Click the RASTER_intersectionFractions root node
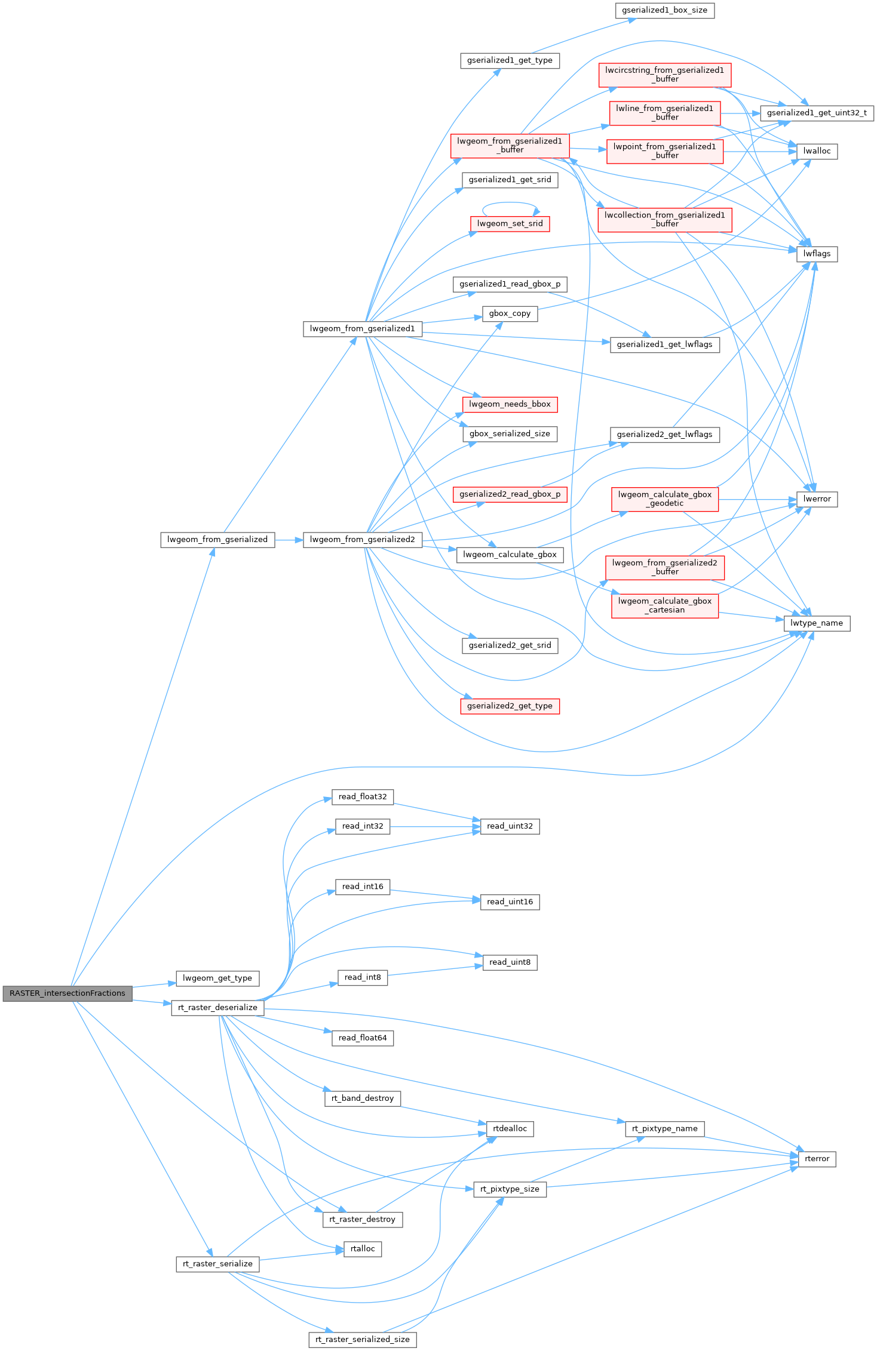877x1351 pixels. tap(68, 993)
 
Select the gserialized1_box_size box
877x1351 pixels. tap(664, 11)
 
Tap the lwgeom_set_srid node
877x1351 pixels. tap(510, 224)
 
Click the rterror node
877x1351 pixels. tap(817, 1159)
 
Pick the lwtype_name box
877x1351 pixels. tap(816, 623)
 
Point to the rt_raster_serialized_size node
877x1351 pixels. tap(362, 1340)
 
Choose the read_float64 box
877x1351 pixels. tap(362, 1038)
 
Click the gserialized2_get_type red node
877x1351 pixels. tap(510, 706)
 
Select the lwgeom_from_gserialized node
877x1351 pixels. tap(217, 540)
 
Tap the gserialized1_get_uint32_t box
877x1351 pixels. tap(816, 113)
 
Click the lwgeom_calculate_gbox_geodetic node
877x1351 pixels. tap(664, 499)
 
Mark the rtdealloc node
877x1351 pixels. tap(510, 1129)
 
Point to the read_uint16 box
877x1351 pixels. tap(510, 902)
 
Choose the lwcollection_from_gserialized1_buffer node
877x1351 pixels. tap(664, 220)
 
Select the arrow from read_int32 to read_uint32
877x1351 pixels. tap(435, 827)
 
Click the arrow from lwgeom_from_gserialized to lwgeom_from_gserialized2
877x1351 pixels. tap(289, 540)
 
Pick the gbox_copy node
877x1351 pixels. tap(510, 314)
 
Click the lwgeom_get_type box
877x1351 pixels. tap(217, 978)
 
